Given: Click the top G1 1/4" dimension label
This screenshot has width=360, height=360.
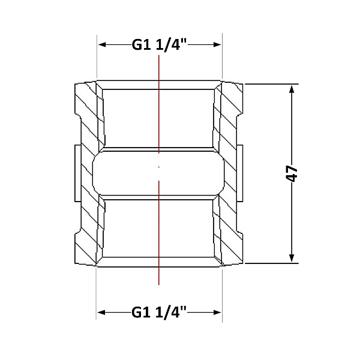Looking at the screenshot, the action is [160, 45].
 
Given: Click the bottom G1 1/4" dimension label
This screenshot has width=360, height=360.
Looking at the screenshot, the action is [159, 312].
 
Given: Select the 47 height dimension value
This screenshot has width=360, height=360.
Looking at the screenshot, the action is [292, 173].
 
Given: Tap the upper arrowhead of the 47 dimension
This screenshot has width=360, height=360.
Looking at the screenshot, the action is [292, 89].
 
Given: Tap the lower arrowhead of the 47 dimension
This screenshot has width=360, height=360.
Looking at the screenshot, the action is [292, 257].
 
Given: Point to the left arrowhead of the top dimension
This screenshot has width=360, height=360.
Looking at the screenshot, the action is [102, 44].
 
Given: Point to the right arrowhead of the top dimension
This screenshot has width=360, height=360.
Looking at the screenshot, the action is [217, 44].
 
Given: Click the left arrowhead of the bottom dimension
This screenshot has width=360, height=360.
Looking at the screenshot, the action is [101, 312].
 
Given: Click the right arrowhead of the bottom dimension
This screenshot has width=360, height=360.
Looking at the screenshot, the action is [217, 312].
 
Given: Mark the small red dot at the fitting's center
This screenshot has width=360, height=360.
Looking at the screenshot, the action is [159, 167].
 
